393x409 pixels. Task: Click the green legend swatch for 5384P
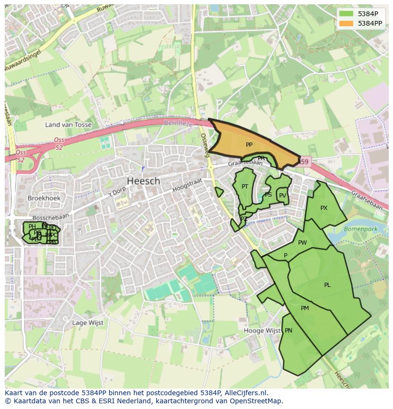pyautogui.click(x=346, y=14)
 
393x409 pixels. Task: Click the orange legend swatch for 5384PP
pyautogui.click(x=346, y=23)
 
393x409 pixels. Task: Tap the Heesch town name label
pyautogui.click(x=143, y=181)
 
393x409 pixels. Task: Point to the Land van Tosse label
pyautogui.click(x=68, y=124)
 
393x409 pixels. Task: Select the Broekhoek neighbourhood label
pyautogui.click(x=44, y=198)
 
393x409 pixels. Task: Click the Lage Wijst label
pyautogui.click(x=87, y=323)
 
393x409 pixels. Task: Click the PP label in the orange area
pyautogui.click(x=249, y=145)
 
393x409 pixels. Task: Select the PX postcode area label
pyautogui.click(x=324, y=208)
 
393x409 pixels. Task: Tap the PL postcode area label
pyautogui.click(x=327, y=285)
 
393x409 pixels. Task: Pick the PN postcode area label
pyautogui.click(x=288, y=331)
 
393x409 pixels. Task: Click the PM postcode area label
pyautogui.click(x=305, y=308)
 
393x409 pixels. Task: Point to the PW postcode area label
pyautogui.click(x=302, y=243)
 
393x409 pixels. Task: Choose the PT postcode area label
pyautogui.click(x=245, y=187)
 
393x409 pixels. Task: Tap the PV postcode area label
pyautogui.click(x=282, y=195)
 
